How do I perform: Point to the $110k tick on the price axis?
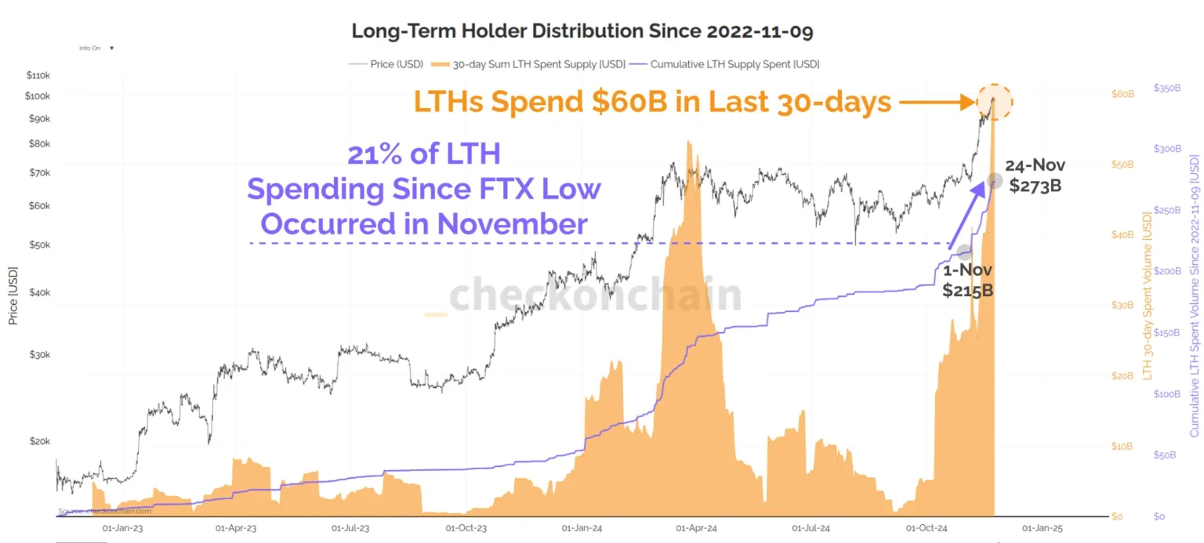[x=38, y=75]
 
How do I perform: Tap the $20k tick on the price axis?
[x=39, y=441]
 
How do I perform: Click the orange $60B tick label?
[x=1123, y=94]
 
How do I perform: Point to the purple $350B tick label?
[x=1168, y=89]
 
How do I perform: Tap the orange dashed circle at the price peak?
[x=995, y=101]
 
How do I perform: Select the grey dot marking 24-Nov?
[x=995, y=181]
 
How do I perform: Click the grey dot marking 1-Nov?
[x=965, y=252]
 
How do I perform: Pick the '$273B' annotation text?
[x=1035, y=186]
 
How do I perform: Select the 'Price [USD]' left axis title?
[x=13, y=296]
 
